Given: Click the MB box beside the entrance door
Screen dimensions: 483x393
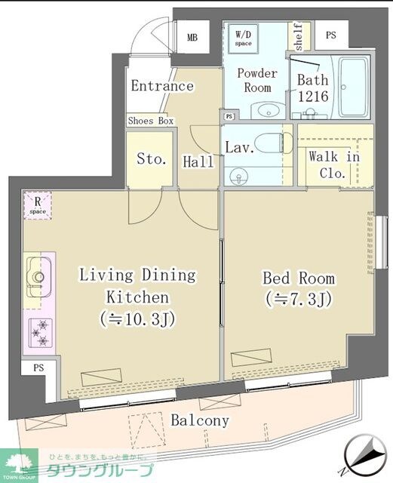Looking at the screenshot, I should tap(192, 37).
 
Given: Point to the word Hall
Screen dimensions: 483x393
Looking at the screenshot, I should tap(198, 161).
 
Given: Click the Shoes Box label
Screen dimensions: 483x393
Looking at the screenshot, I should tap(150, 121).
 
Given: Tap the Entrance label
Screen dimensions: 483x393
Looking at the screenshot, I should tap(162, 85).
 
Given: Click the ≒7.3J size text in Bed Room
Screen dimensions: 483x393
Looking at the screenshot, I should tap(298, 299).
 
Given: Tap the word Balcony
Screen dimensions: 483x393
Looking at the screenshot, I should tap(200, 420).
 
